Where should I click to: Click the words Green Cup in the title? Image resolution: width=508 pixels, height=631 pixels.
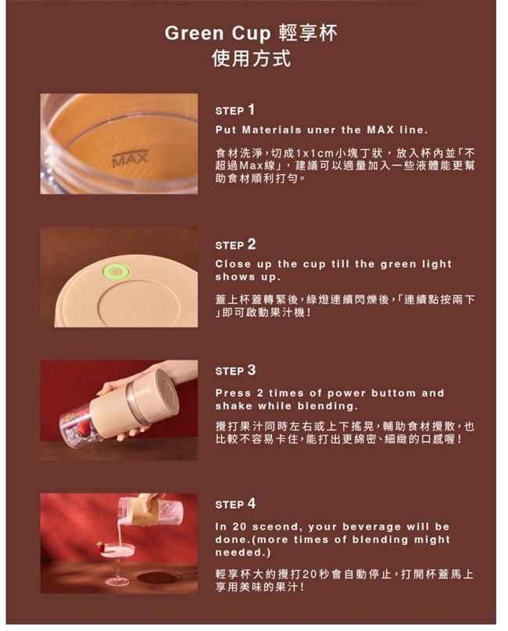(217, 34)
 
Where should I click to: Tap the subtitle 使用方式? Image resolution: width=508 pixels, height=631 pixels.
(252, 59)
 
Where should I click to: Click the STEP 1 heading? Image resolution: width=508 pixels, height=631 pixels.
(235, 110)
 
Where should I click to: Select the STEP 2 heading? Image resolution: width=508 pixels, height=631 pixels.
(236, 244)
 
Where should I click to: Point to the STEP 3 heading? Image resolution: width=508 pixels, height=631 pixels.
(236, 370)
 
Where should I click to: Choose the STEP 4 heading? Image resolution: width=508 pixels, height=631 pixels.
(236, 504)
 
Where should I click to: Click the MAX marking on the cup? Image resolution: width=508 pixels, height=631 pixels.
(130, 159)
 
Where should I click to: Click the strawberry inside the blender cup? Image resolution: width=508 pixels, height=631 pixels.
(84, 429)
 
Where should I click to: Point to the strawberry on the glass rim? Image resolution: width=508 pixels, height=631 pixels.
(100, 547)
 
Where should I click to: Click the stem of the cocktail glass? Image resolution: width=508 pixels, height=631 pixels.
(117, 569)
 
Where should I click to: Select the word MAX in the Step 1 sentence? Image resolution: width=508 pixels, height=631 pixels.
(381, 130)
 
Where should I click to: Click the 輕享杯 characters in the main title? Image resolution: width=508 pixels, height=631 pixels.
(308, 33)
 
